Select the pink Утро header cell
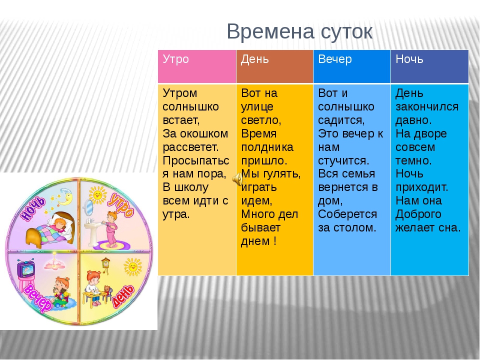[197, 66]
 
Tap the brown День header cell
[274, 66]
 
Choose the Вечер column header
[352, 66]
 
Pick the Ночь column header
[430, 66]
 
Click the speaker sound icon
[238, 179]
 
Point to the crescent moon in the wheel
[67, 197]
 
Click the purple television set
[25, 268]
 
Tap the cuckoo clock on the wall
[105, 265]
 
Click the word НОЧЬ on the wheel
[33, 209]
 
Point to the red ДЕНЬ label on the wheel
[123, 296]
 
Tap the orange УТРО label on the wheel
[120, 205]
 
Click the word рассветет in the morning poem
[190, 147]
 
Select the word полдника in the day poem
[267, 147]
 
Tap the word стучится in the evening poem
[343, 160]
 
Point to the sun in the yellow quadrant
[133, 266]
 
